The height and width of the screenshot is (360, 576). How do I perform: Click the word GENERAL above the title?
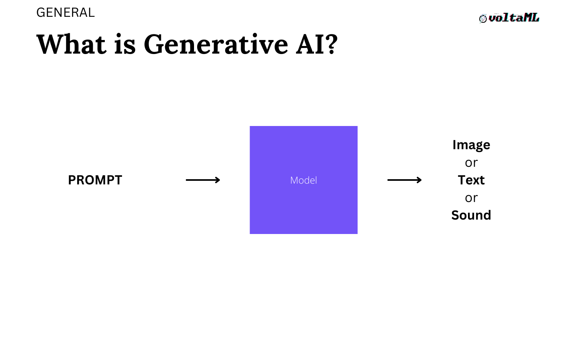pos(66,13)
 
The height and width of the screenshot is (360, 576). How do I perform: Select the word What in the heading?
pos(72,44)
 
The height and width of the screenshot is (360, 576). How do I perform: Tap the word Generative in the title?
pos(216,44)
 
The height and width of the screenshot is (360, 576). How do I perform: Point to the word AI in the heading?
pos(310,44)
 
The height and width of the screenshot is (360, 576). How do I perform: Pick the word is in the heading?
pos(125,44)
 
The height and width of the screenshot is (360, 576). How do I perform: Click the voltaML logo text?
pos(514,18)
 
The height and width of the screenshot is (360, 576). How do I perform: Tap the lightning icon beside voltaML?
pos(483,18)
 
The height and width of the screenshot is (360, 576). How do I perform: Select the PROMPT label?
pos(95,180)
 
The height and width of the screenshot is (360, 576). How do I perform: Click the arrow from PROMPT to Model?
pos(203,180)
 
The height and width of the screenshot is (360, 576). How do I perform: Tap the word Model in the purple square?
pos(304,180)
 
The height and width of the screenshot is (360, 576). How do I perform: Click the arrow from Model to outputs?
pos(404,180)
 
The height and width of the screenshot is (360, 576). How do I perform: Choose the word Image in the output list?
pos(471,145)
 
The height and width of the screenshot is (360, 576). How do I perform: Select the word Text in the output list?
pos(471,180)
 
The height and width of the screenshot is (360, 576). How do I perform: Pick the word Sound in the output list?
pos(471,215)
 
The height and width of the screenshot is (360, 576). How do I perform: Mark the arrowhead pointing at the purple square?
pos(218,180)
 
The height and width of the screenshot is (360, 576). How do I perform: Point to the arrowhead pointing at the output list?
pos(419,180)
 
